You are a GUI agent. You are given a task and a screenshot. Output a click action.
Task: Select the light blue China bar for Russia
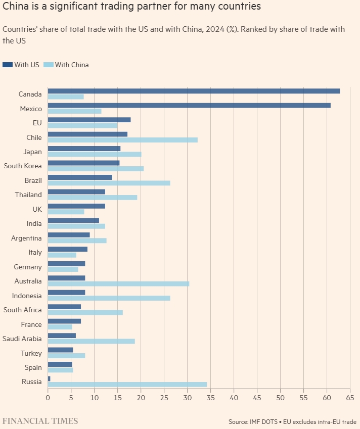(x=127, y=385)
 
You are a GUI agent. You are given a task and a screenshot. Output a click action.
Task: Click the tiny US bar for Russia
(x=49, y=378)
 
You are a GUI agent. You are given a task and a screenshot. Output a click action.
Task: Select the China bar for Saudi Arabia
(x=91, y=342)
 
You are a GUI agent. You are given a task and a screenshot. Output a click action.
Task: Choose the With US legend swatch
(x=8, y=65)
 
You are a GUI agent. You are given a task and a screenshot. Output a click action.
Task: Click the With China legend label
(x=72, y=65)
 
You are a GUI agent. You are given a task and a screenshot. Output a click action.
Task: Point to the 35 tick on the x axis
(x=210, y=398)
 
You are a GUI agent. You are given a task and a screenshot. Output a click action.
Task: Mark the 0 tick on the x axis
(x=48, y=398)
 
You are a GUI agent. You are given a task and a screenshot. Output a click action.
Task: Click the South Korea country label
(x=23, y=166)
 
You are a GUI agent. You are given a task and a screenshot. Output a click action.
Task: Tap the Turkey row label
(x=31, y=353)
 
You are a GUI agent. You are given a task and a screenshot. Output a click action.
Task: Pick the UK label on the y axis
(x=37, y=209)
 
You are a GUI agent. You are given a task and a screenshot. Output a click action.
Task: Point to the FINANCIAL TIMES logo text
(x=40, y=420)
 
